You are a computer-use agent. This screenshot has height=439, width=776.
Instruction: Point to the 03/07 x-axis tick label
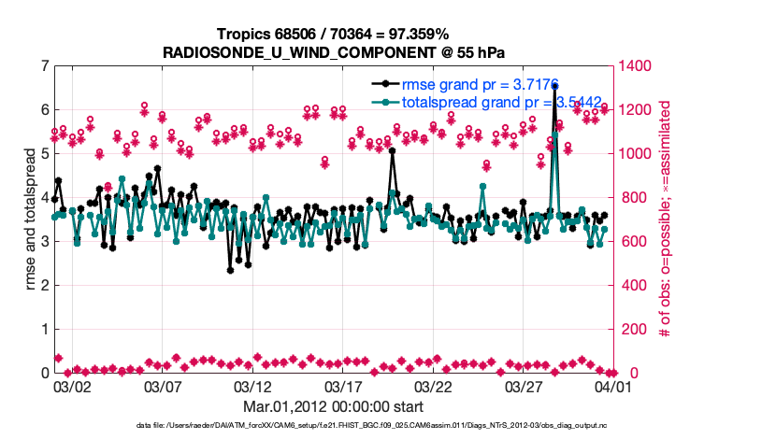163,386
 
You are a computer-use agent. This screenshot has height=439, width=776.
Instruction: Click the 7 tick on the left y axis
45,66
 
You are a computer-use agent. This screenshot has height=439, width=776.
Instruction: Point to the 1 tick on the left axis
45,330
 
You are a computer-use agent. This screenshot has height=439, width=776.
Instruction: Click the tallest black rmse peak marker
555,86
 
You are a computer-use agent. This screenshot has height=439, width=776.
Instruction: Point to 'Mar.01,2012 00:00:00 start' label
333,406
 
